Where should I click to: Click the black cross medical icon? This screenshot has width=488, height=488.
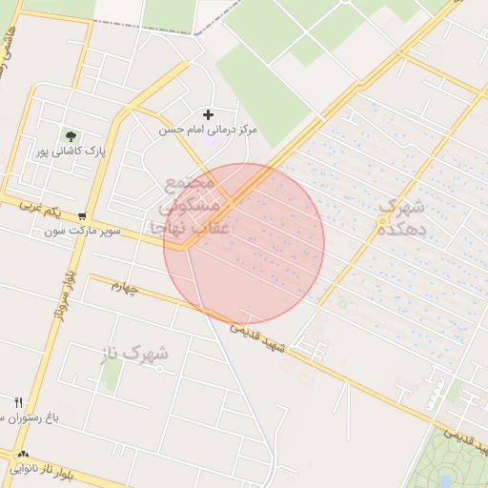coord(208,114)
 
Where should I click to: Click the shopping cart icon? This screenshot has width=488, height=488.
coord(84,216)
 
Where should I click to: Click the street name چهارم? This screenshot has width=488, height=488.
coord(124,285)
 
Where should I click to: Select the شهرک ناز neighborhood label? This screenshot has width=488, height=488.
coord(134,356)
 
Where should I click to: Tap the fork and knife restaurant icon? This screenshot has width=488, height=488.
coord(18,403)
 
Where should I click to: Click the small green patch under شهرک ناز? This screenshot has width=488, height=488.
coord(112,375)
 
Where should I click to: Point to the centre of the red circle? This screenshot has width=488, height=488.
coord(244,244)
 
